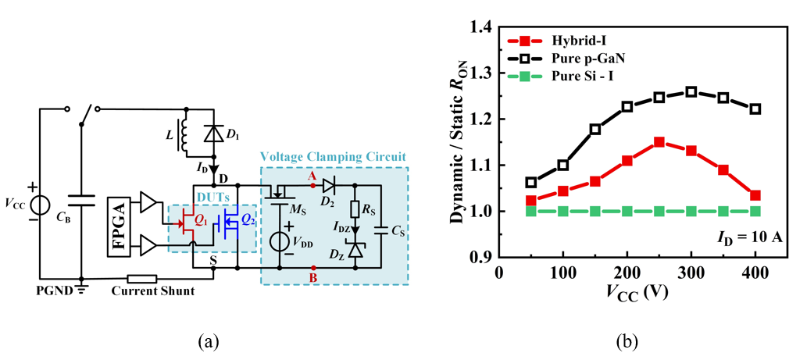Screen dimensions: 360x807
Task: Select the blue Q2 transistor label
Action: tap(248, 219)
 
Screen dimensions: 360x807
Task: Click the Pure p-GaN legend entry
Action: tap(562, 58)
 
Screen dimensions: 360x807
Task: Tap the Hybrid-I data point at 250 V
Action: tap(659, 142)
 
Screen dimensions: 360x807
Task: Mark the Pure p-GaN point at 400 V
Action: tap(755, 109)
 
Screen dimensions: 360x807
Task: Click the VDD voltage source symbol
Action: tap(278, 240)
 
